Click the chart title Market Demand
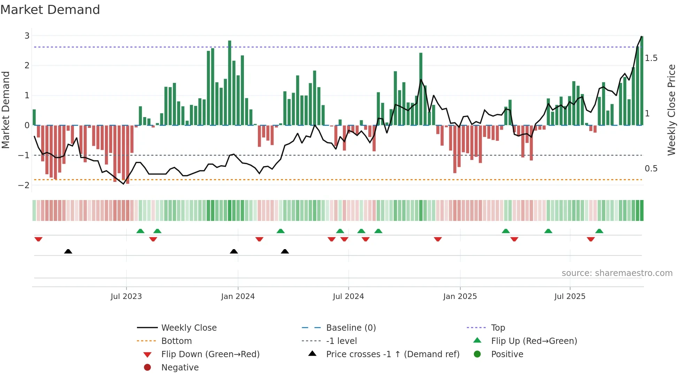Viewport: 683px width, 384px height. point(50,10)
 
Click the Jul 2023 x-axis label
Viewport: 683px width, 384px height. point(126,297)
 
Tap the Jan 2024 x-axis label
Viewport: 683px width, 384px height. point(238,297)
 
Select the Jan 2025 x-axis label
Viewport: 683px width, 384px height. point(460,297)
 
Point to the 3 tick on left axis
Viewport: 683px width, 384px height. point(27,36)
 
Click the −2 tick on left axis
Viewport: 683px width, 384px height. point(24,185)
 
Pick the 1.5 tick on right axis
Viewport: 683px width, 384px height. point(651,58)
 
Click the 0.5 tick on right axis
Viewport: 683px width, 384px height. point(651,169)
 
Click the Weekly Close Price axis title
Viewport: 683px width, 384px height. point(671,110)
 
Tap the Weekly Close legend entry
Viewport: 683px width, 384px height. point(189,328)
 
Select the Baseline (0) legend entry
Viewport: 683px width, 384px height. point(351,328)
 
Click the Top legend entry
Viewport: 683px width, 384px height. point(498,328)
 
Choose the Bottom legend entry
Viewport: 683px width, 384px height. point(176,341)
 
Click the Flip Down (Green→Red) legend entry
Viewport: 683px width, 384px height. point(210,354)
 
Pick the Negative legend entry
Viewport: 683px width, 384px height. point(180,368)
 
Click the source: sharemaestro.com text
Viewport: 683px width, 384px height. point(617,273)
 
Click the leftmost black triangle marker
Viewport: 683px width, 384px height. point(68,251)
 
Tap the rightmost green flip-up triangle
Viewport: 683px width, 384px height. point(599,231)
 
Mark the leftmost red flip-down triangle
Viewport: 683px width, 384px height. point(38,239)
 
